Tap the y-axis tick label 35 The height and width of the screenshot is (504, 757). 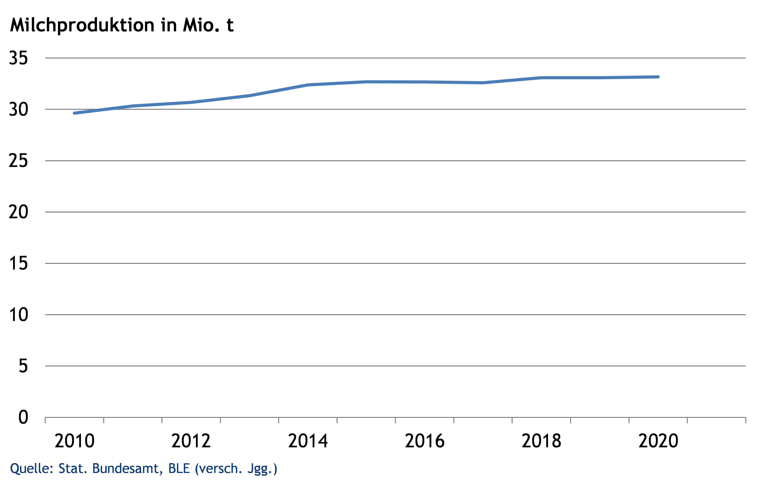18,58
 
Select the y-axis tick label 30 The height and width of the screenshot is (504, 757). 18,110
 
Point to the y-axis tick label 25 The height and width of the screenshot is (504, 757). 18,161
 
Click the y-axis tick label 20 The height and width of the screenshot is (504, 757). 18,212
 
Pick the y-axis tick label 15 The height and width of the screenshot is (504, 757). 18,264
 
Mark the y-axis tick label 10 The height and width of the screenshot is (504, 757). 18,315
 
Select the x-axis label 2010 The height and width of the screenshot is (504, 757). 74,441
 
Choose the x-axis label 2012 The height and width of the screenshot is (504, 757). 191,441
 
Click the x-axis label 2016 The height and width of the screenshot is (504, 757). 425,441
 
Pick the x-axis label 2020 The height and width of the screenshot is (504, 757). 658,441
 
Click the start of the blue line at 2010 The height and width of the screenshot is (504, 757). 74,113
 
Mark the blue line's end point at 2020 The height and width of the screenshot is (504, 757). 658,77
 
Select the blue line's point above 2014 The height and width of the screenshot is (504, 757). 308,85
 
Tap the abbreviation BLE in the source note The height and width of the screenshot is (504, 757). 179,469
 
